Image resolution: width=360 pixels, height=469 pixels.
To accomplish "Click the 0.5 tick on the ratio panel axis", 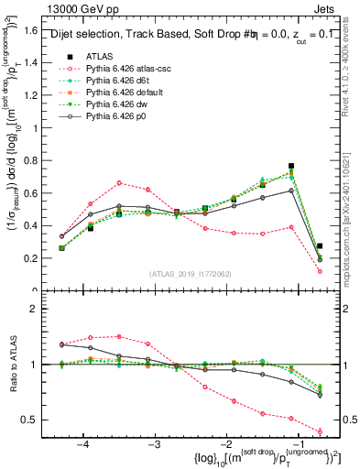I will tap(35, 420).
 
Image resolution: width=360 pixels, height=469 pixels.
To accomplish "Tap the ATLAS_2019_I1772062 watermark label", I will tap(184, 273).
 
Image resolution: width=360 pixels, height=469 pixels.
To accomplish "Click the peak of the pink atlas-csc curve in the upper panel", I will tap(119, 183).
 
